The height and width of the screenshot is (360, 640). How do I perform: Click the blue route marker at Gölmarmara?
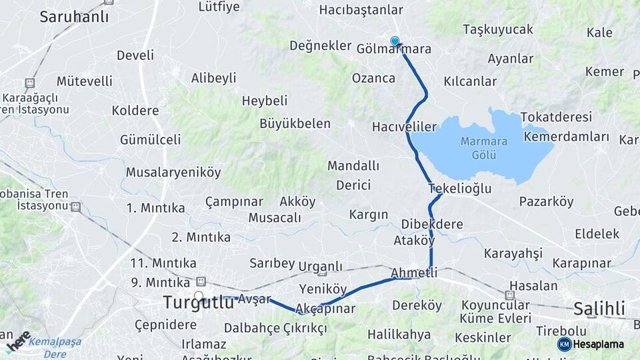tap(395, 41)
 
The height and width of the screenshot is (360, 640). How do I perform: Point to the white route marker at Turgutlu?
tap(199, 295)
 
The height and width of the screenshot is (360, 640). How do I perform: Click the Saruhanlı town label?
tap(74, 17)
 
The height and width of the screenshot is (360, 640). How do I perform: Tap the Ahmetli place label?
tap(414, 273)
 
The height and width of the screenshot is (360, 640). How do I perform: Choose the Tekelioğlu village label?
tap(460, 189)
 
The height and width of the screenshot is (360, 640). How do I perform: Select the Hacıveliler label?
tap(404, 127)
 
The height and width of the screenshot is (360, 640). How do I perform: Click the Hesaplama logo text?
tap(597, 344)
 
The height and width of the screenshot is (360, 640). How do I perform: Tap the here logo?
tap(19, 341)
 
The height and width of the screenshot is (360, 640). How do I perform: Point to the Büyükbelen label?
tap(295, 123)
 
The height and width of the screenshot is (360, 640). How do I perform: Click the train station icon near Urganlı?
tap(322, 272)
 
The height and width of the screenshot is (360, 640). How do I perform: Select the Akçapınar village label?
tap(325, 309)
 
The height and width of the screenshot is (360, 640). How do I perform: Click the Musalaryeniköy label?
tap(173, 173)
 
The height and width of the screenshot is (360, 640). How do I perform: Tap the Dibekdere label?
tap(432, 224)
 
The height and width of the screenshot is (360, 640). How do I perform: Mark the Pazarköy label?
tap(546, 201)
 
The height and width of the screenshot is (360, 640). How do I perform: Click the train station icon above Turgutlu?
tap(201, 281)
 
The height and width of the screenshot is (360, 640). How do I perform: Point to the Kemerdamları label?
tap(567, 137)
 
